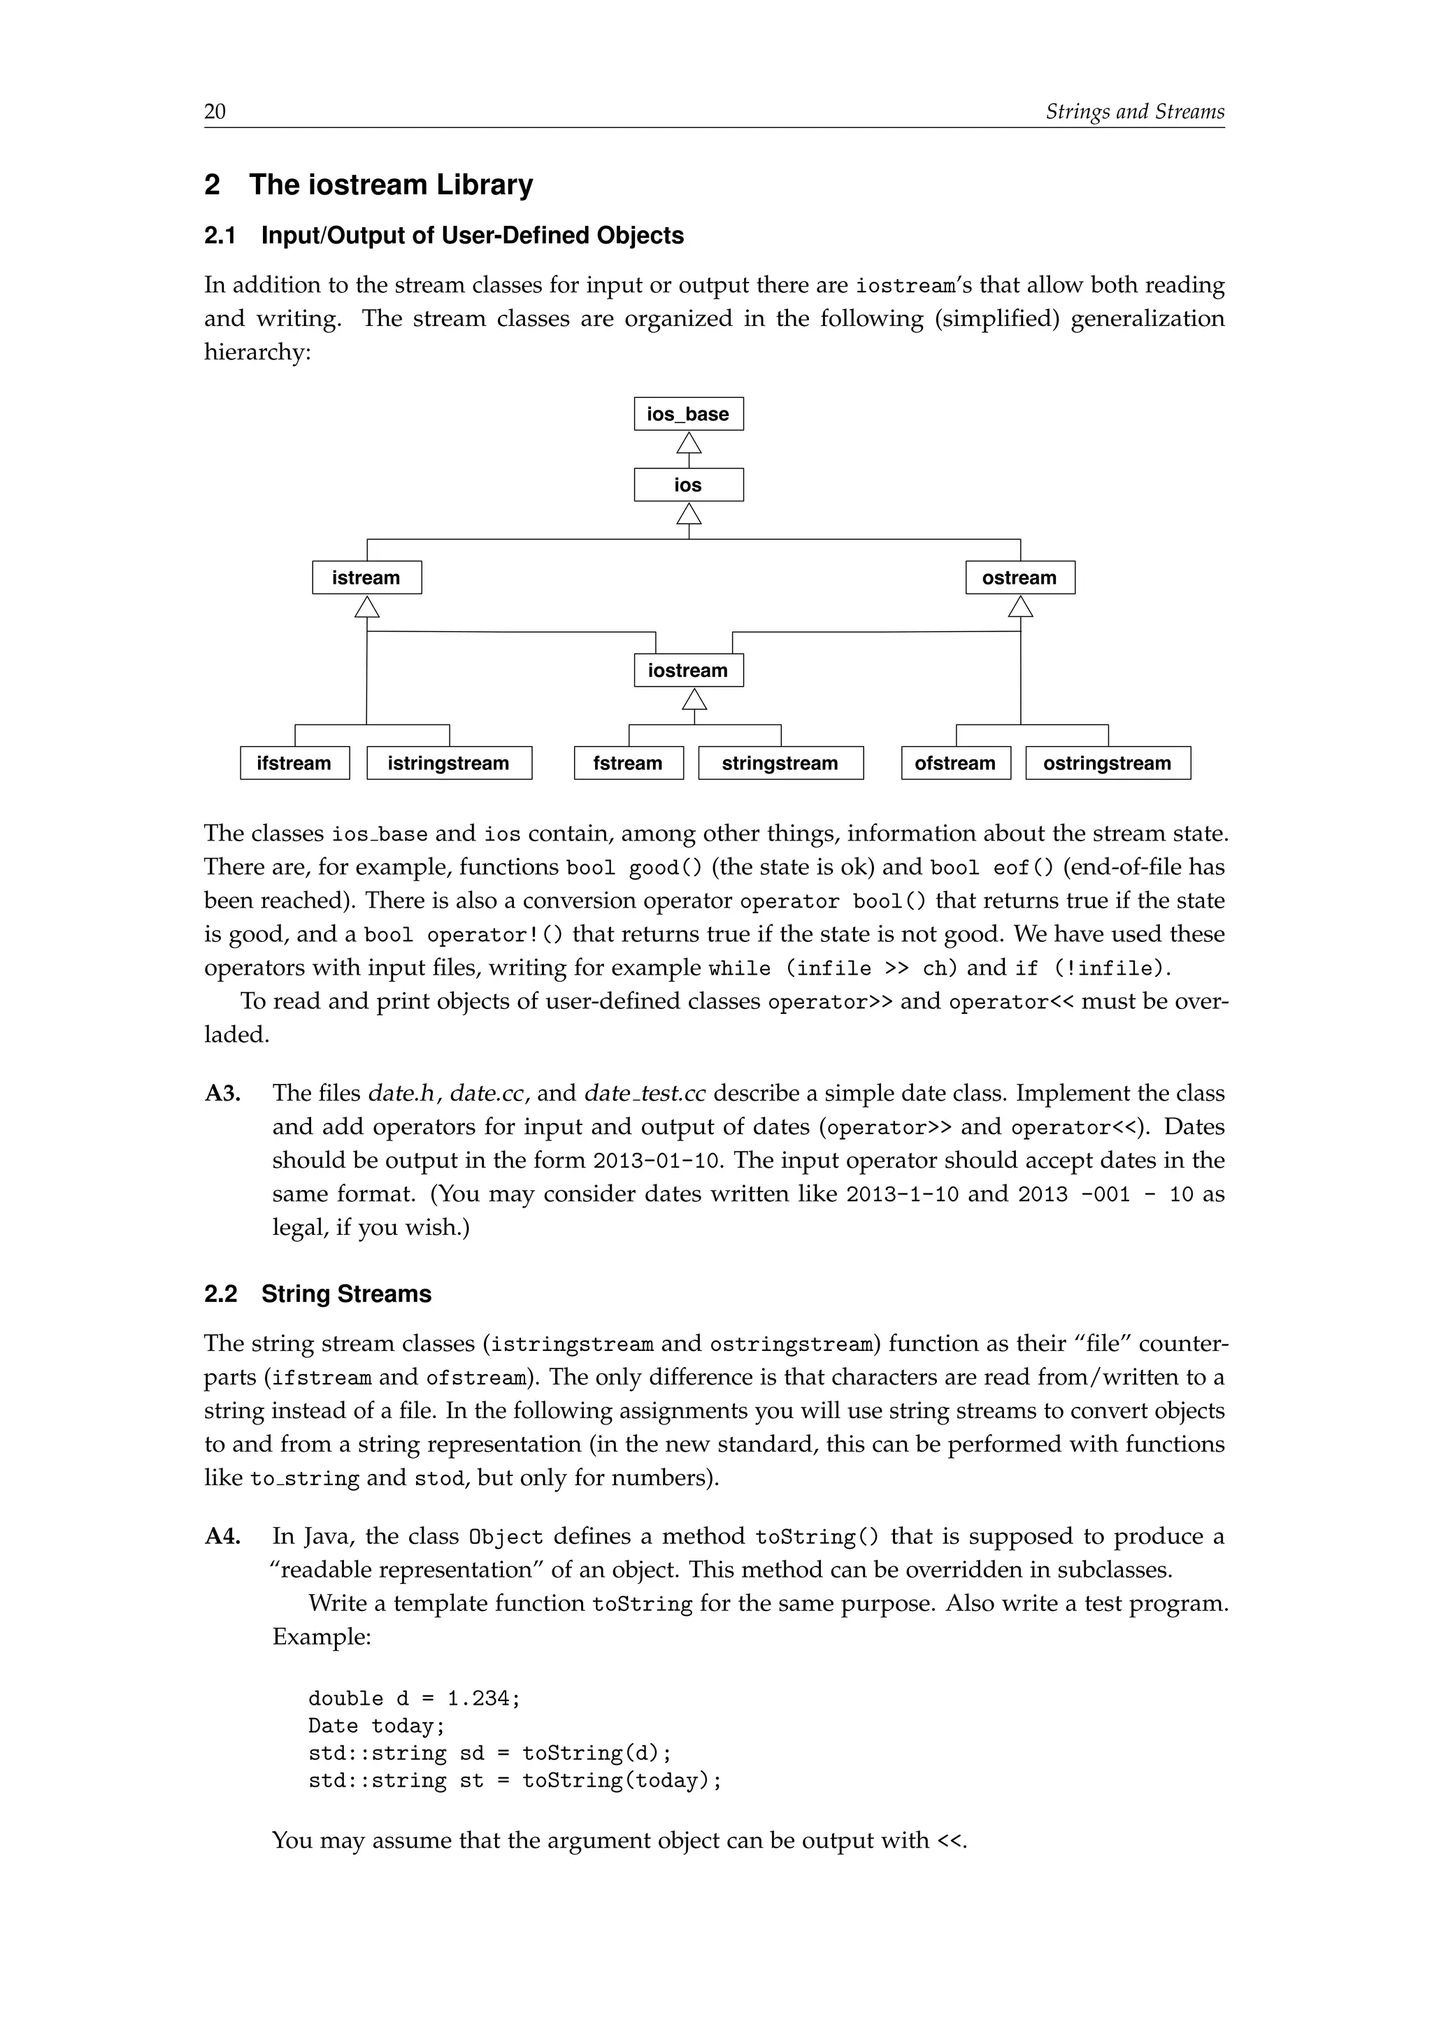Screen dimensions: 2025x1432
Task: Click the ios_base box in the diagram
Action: tap(688, 414)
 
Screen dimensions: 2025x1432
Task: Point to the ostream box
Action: tap(1019, 577)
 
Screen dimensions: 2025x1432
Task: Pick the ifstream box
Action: tap(294, 762)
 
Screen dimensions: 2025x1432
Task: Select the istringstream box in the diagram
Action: tap(448, 762)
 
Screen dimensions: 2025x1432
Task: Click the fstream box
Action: tap(628, 762)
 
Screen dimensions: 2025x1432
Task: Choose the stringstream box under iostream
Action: tap(780, 762)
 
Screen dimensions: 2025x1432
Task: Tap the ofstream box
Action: tap(955, 762)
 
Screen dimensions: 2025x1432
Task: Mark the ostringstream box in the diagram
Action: tap(1108, 762)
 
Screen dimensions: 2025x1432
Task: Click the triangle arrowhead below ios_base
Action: tap(689, 442)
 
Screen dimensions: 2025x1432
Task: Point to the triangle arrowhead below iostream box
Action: tap(695, 699)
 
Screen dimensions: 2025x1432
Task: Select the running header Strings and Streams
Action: tap(1134, 111)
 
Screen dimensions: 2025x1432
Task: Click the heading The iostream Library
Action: tap(391, 185)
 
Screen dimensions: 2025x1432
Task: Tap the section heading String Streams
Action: tap(345, 1294)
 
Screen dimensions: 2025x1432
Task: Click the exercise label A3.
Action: tap(222, 1093)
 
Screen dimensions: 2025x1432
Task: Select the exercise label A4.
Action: tap(222, 1536)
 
